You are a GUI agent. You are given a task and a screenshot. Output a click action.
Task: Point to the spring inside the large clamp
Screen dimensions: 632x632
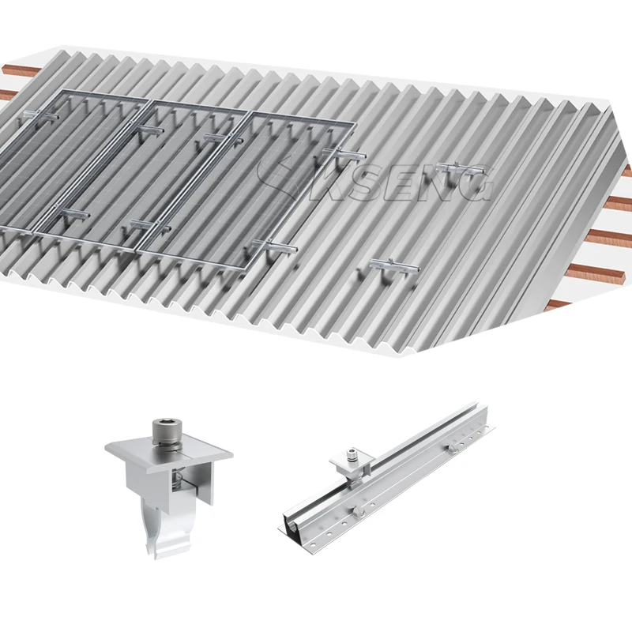pos(179,480)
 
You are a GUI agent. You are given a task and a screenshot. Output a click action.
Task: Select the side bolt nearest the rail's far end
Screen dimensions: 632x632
pos(453,448)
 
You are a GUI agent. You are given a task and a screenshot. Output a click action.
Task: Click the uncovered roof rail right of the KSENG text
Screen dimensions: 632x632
pos(459,167)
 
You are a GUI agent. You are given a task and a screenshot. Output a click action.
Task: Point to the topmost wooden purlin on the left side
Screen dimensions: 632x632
pos(12,71)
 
